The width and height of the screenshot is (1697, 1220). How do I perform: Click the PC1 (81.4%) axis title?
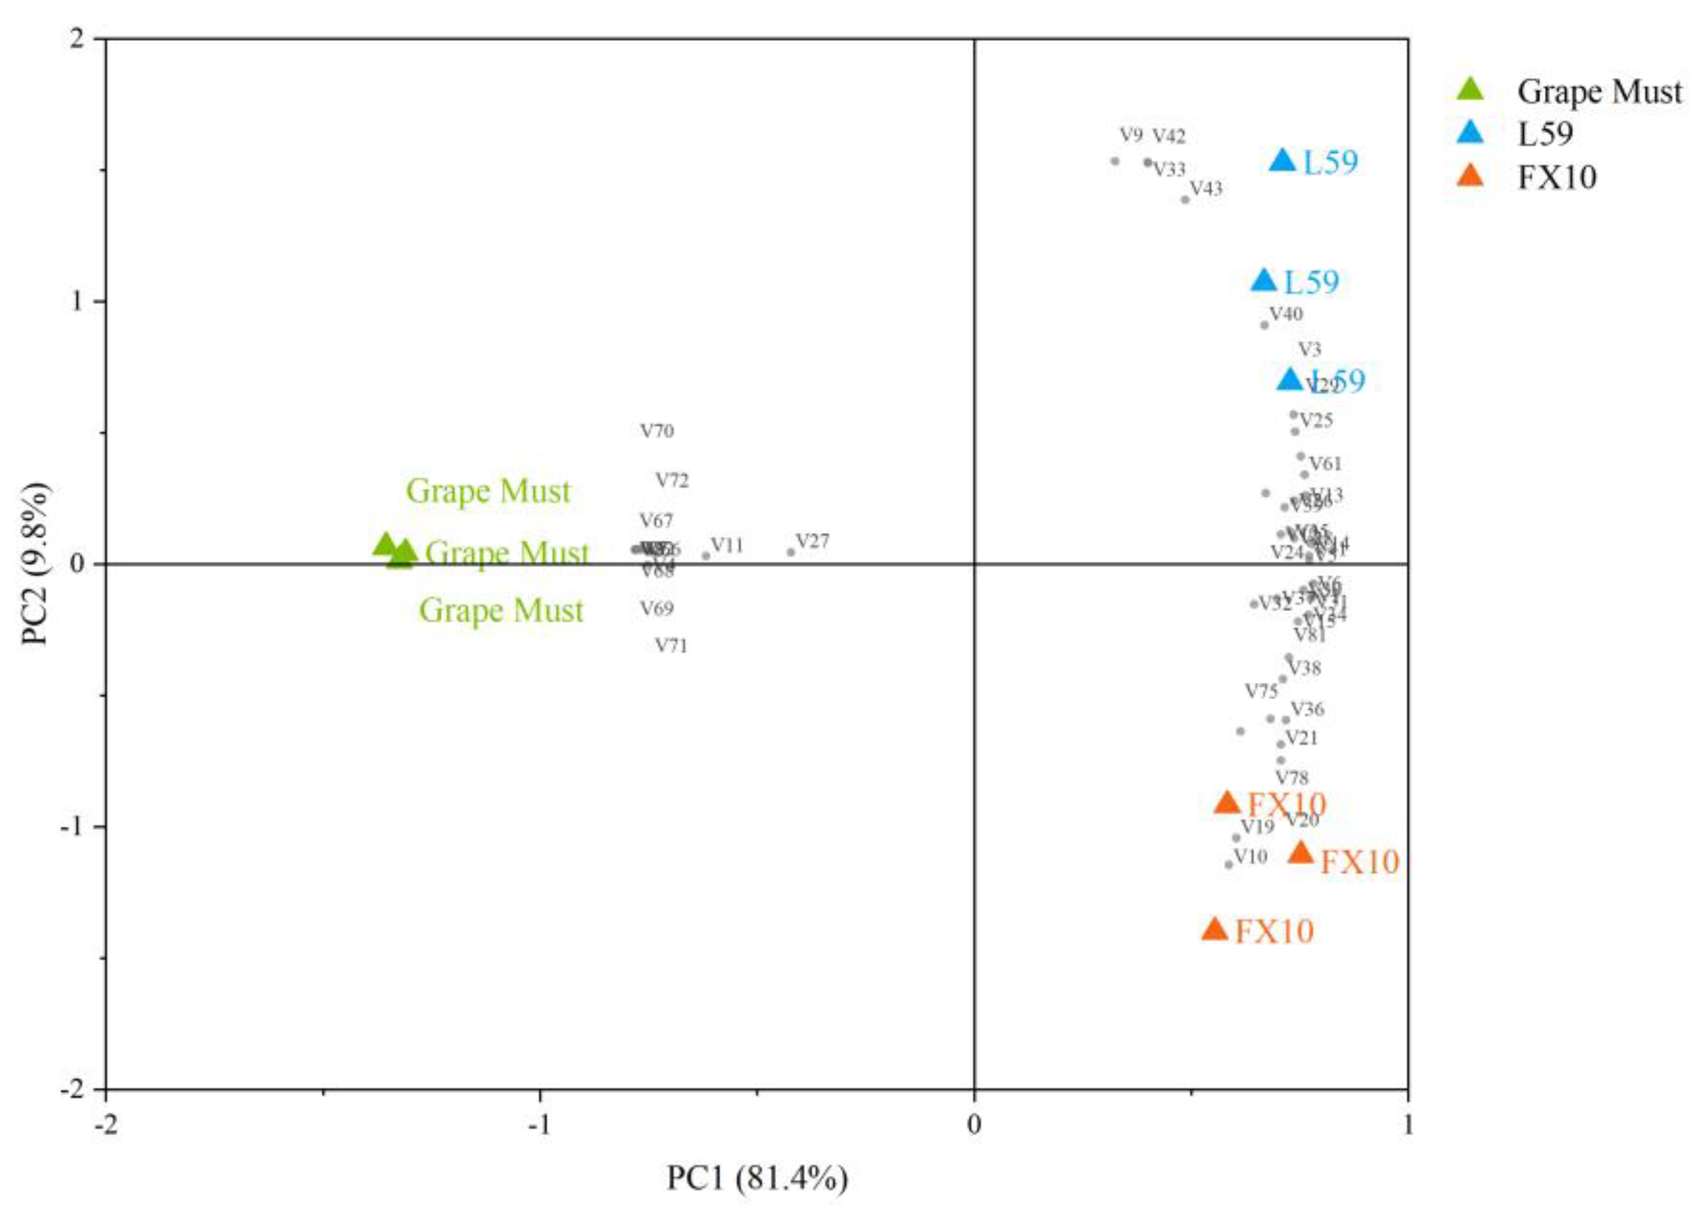(x=757, y=1178)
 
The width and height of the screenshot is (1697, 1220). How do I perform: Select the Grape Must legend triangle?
(x=1471, y=89)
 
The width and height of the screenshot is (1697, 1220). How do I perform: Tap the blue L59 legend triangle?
(x=1471, y=132)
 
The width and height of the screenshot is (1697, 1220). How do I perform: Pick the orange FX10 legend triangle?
(x=1471, y=176)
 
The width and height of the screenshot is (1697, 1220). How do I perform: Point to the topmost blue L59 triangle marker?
(x=1283, y=160)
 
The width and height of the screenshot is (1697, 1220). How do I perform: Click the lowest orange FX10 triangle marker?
(x=1214, y=930)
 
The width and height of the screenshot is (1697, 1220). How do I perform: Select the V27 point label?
(x=812, y=541)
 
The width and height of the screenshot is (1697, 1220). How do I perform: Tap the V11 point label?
(x=726, y=545)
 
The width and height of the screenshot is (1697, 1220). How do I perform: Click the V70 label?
(x=657, y=431)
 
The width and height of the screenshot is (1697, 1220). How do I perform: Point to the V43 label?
(x=1206, y=189)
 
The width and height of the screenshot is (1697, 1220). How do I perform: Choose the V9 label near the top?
(x=1130, y=136)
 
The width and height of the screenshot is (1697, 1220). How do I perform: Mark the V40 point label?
(x=1286, y=313)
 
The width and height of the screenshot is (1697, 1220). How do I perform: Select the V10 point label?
(x=1250, y=856)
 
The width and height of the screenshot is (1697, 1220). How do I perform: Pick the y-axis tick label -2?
(x=73, y=1089)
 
